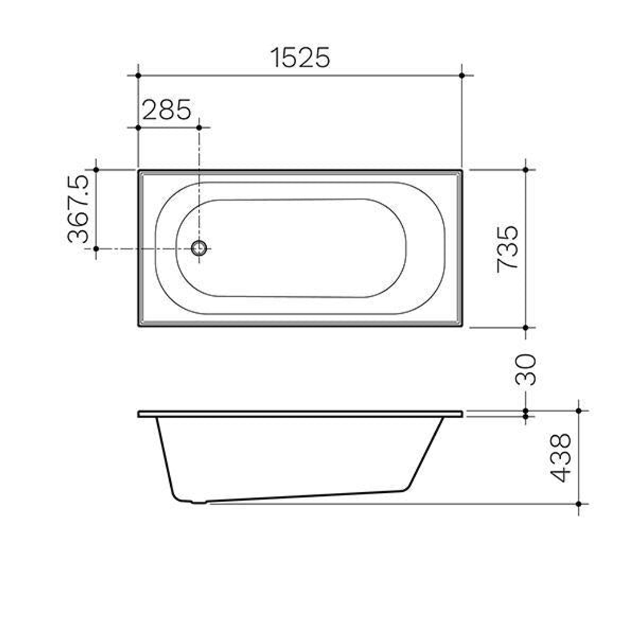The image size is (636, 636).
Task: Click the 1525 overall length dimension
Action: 300,58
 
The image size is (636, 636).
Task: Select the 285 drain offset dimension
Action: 167,110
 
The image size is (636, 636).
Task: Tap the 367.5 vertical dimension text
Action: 79,208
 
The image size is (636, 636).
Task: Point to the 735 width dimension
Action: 508,248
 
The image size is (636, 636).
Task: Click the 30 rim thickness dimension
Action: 525,370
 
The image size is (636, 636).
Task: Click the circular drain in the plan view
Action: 200,248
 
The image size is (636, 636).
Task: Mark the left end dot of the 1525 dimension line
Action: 138,75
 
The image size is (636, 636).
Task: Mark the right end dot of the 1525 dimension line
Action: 462,75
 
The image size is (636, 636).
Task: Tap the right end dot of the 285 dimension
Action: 199,127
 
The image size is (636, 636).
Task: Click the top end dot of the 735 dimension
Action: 525,170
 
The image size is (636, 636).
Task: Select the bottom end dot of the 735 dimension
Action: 525,327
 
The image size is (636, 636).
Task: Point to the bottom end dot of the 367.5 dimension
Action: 96,249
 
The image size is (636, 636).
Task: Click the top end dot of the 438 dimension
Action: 578,410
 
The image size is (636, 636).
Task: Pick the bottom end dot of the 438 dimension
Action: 578,504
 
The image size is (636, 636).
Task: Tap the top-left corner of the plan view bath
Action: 139,171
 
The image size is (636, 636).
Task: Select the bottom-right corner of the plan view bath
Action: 462,326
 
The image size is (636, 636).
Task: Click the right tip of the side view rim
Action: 462,414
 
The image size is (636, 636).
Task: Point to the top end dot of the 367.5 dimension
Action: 96,170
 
